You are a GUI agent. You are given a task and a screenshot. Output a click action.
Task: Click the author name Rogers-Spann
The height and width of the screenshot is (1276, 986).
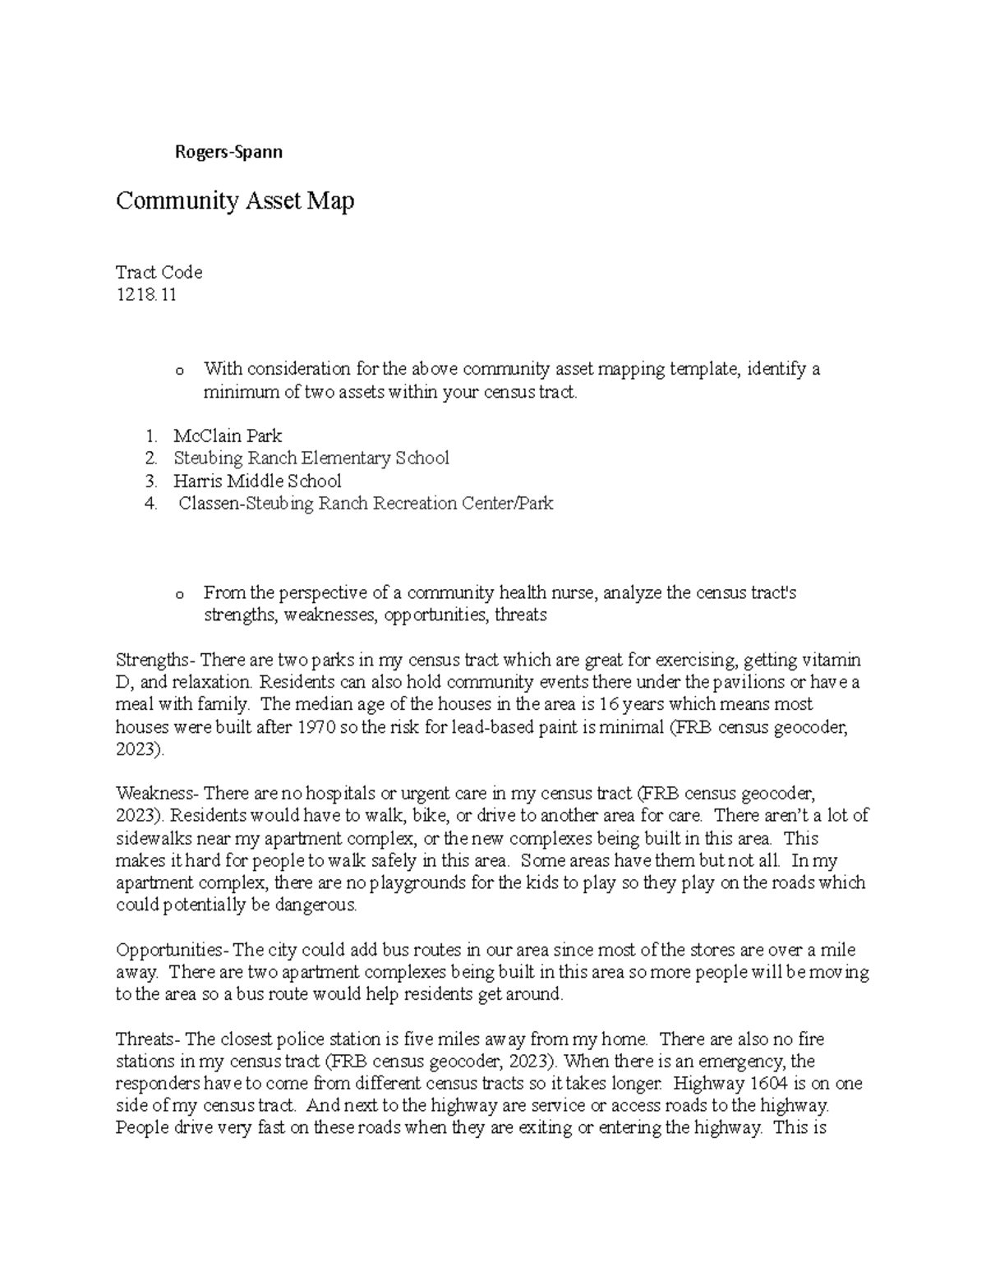coord(228,152)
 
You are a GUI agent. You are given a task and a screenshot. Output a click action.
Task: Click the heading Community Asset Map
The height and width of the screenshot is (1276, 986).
coord(235,200)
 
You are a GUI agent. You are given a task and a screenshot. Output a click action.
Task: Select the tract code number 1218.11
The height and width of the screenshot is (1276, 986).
coord(146,295)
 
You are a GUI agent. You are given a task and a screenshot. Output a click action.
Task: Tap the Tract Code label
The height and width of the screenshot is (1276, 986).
coord(159,272)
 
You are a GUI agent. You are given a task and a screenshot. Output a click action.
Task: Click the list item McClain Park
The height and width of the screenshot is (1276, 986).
coord(228,435)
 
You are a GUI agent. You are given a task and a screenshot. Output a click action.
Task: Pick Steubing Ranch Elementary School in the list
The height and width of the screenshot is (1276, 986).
coord(311,458)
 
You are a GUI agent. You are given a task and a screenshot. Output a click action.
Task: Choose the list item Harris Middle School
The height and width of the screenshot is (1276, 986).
coord(257,481)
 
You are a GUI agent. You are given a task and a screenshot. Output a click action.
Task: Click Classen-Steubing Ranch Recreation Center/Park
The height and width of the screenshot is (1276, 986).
coord(366,503)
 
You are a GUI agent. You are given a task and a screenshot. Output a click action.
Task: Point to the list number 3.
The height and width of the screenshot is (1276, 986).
coord(150,481)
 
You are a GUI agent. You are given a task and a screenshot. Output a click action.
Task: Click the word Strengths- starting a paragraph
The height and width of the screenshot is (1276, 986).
coord(156,660)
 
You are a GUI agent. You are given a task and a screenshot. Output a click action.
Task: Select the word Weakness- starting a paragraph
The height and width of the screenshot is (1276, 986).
coord(157,794)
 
